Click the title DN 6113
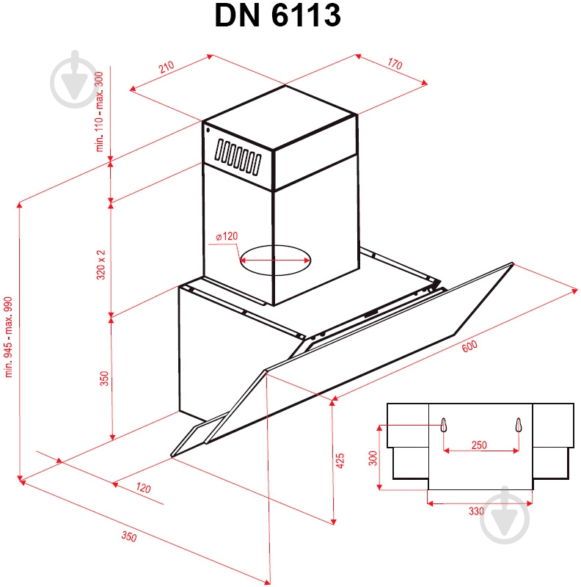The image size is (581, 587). (x=277, y=15)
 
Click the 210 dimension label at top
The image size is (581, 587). (x=166, y=68)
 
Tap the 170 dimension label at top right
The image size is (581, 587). (x=394, y=65)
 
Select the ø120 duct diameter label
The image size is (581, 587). (x=227, y=236)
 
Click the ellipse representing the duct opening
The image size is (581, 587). (x=275, y=259)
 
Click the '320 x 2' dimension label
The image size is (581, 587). (x=101, y=264)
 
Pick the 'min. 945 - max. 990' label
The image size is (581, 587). (x=10, y=338)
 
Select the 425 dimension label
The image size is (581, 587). (x=340, y=460)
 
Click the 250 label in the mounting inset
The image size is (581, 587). (x=479, y=445)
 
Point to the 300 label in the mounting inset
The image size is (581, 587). (x=373, y=459)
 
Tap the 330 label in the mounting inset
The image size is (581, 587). (x=476, y=511)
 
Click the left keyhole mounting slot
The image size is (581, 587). (x=444, y=425)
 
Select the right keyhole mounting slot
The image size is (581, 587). (x=519, y=425)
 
